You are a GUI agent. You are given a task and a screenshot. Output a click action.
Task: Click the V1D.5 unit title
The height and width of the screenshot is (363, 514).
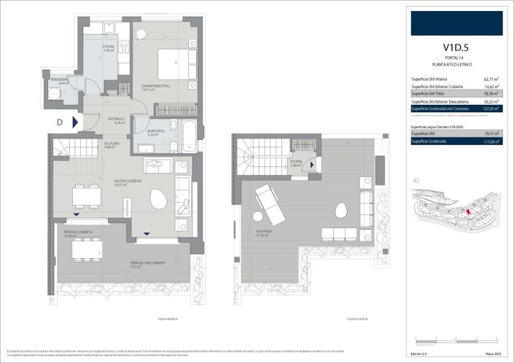coord(456,48)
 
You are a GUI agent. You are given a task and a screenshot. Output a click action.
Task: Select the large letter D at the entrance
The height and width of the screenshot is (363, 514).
coord(60,122)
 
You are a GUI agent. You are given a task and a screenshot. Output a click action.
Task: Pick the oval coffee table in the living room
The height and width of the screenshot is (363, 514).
coord(158,198)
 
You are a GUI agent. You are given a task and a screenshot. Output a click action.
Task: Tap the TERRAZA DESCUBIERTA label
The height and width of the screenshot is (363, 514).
coord(147,263)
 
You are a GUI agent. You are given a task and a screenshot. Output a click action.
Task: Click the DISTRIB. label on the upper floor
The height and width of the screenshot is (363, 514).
coord(296,163)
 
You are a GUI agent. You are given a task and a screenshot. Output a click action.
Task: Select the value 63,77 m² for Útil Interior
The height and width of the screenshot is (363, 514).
coord(492,78)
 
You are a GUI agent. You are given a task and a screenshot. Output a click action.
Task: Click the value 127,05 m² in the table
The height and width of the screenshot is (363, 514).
coord(491,109)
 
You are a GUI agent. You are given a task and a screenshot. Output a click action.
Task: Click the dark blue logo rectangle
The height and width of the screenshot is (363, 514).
coord(456,23)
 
